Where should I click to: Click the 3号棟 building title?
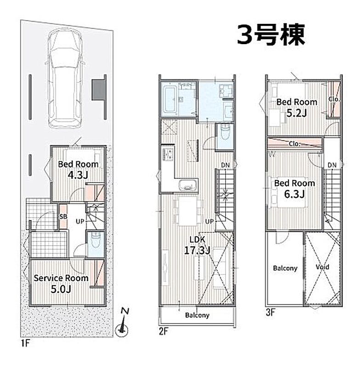(271, 35)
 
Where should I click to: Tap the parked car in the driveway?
(65, 79)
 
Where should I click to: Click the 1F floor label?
(25, 343)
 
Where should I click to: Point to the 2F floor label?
(164, 331)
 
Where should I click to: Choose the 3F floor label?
(270, 312)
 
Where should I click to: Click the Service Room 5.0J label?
(61, 283)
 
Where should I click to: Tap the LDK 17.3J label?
(197, 245)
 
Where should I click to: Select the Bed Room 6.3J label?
(295, 189)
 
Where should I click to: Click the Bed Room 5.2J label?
(297, 108)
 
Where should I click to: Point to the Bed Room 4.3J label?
(78, 169)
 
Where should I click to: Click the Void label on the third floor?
(323, 267)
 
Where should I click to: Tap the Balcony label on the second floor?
(197, 315)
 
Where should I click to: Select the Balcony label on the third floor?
(285, 268)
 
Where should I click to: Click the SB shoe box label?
(63, 216)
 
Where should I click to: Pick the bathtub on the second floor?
(169, 99)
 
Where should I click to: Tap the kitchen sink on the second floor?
(187, 185)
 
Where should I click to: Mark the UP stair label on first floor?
(80, 221)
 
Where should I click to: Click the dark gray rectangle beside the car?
(98, 90)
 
